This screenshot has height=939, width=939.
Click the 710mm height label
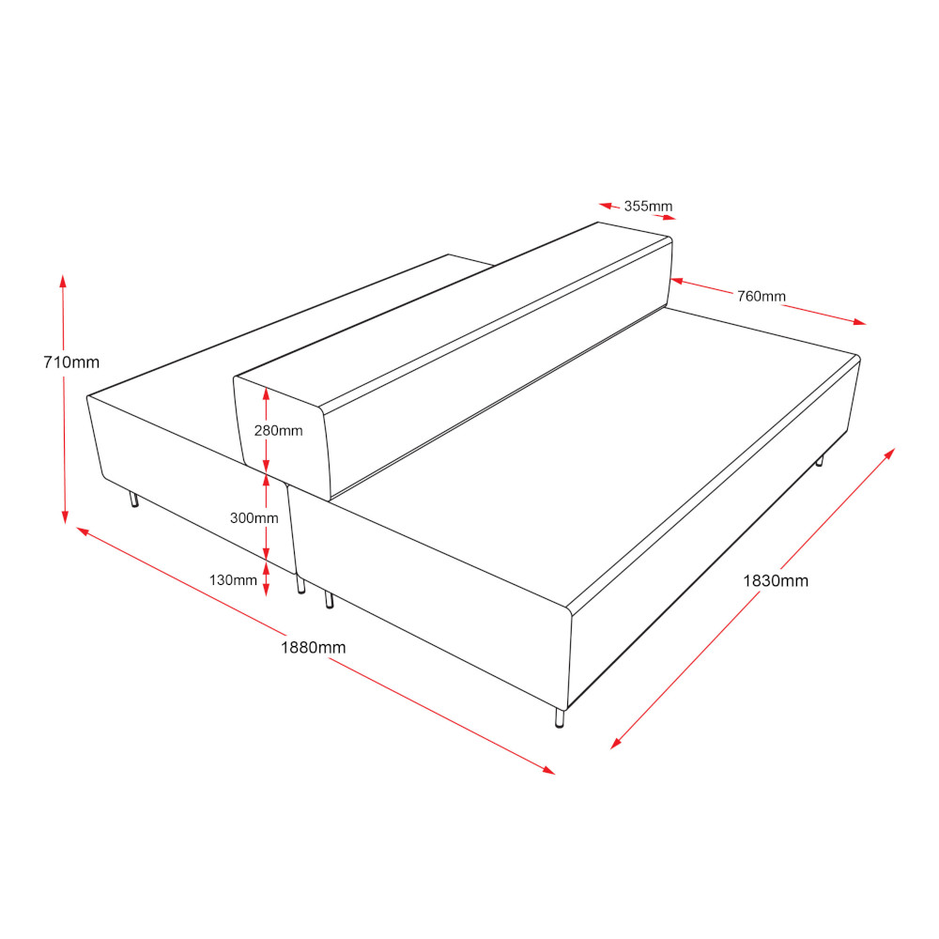71,362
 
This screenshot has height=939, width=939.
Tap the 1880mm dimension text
314,647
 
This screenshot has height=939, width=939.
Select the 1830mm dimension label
776,581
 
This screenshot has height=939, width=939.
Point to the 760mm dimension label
762,297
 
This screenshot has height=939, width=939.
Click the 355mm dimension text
648,206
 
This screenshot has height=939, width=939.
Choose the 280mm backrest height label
279,431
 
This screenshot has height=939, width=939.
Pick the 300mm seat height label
254,518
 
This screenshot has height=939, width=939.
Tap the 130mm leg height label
233,580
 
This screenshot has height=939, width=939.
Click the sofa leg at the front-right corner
560,717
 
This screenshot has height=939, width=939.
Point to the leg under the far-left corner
134,499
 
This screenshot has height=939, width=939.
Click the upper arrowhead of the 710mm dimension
63,282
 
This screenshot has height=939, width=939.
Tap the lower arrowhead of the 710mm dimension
66,516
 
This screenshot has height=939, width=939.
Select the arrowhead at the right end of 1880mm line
548,770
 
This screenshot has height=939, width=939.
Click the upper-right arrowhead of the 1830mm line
889,454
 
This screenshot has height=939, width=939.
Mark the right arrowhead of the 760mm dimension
859,322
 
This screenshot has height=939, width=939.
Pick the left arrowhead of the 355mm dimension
606,206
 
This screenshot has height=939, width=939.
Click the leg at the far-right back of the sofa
819,460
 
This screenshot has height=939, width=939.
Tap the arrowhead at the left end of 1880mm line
84,531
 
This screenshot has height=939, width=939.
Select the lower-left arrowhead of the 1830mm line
616,743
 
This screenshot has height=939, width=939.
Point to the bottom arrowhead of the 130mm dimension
267,590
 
